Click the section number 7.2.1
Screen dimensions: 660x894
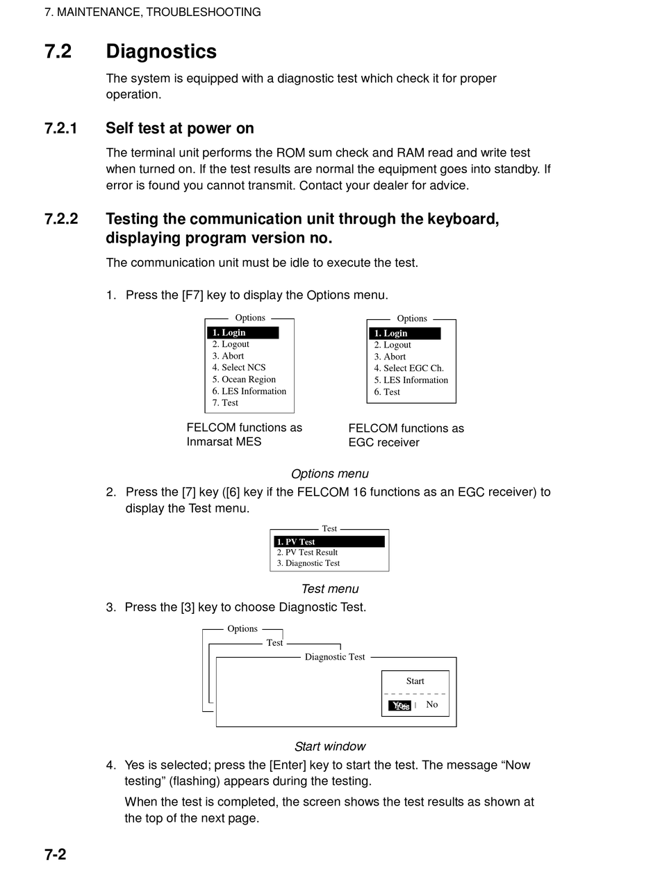(x=60, y=129)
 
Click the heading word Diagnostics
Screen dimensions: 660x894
(x=161, y=51)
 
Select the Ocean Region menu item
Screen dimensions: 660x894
(x=244, y=380)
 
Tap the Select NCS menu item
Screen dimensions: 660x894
(x=239, y=367)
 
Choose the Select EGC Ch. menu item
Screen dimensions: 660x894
(x=409, y=368)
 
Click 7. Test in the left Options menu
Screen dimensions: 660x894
(x=225, y=403)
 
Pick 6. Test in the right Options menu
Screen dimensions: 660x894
(x=387, y=392)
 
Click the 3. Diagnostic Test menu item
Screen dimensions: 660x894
(x=308, y=563)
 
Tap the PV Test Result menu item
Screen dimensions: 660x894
(x=307, y=552)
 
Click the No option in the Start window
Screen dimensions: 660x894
(x=432, y=704)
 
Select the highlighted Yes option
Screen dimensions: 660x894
(x=399, y=706)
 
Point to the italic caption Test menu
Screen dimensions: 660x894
(x=330, y=589)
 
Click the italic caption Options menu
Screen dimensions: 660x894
(x=330, y=473)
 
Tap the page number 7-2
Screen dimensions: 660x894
(x=55, y=854)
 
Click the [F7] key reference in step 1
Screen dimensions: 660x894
(x=192, y=295)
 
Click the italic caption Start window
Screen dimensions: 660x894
(x=330, y=747)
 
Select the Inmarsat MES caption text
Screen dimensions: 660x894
(x=224, y=441)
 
